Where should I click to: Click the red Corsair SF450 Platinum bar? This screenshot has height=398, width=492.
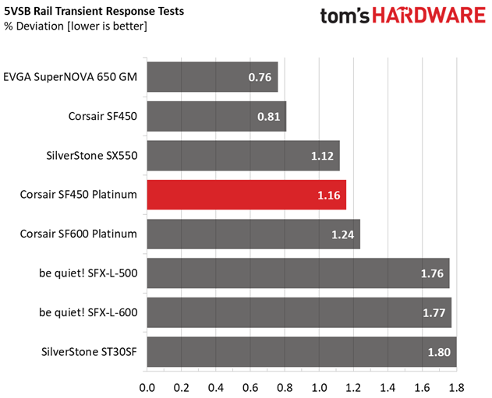point(246,195)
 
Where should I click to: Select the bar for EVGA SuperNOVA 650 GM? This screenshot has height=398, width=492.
point(212,77)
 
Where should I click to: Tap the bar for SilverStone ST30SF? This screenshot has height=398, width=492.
point(302,351)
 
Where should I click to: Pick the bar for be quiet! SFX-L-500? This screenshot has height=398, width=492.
point(298,273)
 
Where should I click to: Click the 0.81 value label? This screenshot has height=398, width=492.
point(268,117)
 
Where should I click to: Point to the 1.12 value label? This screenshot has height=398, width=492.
point(322,156)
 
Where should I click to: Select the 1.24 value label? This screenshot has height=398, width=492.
point(342,234)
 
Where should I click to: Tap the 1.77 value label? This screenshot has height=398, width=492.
point(434,313)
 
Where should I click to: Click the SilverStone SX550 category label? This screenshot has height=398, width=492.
point(92,156)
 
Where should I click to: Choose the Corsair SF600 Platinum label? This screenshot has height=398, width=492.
point(79,234)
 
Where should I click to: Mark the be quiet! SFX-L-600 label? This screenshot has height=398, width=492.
point(88,312)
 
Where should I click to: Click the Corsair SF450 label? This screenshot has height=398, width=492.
point(103,116)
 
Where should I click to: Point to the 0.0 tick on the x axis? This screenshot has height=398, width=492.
point(147,388)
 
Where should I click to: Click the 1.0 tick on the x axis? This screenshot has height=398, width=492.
point(319,388)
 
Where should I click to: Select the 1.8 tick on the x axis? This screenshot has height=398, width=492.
point(457,388)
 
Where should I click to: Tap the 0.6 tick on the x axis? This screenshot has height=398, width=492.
point(250,388)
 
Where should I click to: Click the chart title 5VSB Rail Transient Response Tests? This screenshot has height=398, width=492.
point(94,11)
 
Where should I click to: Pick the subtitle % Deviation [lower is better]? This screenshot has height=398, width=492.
point(76,26)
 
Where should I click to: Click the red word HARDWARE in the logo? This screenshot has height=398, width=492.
point(429,16)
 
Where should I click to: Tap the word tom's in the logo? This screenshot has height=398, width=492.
point(345,16)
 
